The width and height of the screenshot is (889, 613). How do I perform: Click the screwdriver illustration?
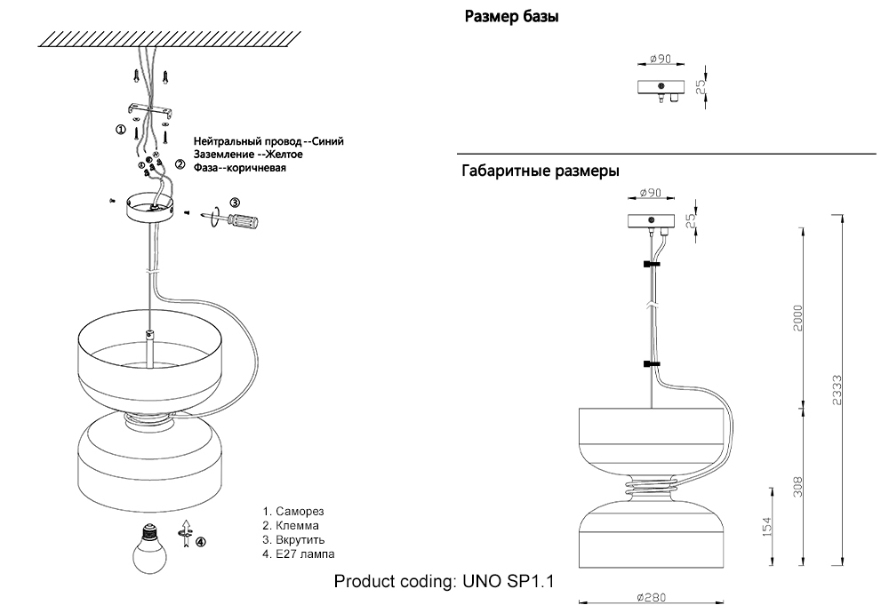(x=235, y=217)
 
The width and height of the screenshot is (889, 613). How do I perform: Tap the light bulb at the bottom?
(x=148, y=546)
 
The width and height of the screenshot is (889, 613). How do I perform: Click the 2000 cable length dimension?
(x=798, y=317)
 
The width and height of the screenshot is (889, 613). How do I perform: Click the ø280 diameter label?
(x=651, y=598)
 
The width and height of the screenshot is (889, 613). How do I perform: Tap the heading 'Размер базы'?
(x=512, y=17)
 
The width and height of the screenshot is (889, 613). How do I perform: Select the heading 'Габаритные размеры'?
(x=541, y=171)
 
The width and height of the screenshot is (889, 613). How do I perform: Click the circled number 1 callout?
(x=121, y=129)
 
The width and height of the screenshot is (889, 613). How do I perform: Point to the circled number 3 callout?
(x=235, y=202)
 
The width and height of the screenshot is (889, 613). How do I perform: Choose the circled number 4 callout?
(x=201, y=541)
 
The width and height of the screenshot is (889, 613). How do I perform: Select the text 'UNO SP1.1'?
(x=508, y=583)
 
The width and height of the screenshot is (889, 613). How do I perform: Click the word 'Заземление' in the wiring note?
(x=223, y=155)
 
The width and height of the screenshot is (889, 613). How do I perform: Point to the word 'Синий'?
(x=329, y=141)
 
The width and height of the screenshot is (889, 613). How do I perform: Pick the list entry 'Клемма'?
(x=297, y=526)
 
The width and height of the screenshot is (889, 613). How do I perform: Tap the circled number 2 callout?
(x=180, y=164)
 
